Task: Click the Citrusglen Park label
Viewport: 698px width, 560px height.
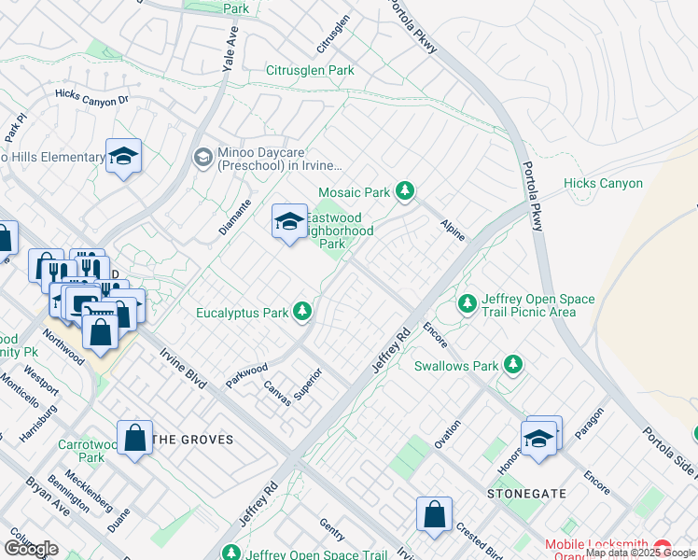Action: coord(311,70)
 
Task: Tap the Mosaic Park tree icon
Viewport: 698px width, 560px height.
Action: coord(404,191)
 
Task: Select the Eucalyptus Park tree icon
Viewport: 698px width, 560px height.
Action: coord(302,311)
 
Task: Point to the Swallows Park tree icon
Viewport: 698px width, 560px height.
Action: coord(512,364)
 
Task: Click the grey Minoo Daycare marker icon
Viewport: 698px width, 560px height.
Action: coord(202,158)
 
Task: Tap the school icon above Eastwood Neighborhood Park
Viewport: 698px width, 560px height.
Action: coord(289,221)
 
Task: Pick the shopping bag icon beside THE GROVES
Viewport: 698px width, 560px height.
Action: coord(135,438)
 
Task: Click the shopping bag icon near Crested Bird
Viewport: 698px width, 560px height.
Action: coord(434,514)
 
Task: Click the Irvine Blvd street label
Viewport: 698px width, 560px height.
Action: coord(182,370)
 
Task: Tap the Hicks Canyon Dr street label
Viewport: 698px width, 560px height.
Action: coord(91,98)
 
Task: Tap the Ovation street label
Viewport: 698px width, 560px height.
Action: coord(447,434)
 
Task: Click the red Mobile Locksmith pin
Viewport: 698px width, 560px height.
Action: coord(663,546)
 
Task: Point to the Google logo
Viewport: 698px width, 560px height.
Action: coord(31,548)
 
